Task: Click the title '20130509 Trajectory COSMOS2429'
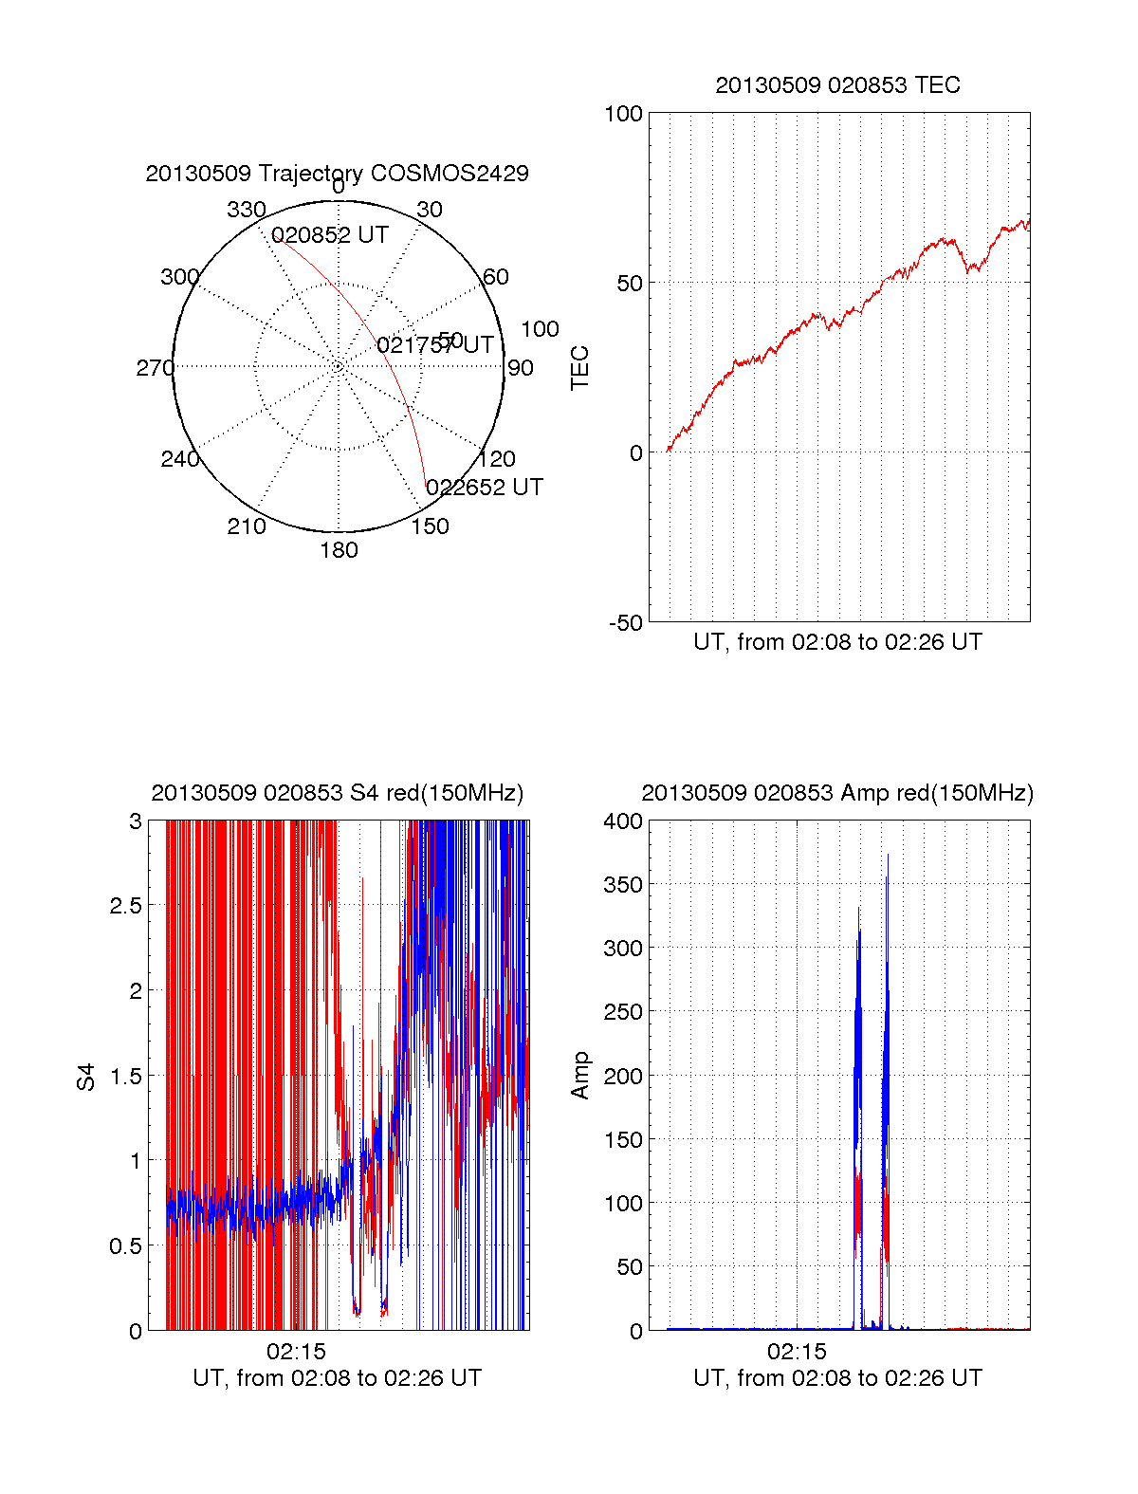tap(337, 174)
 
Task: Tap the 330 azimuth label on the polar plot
tap(246, 210)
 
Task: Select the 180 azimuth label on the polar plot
tap(339, 550)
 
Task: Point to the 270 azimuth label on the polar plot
tap(155, 368)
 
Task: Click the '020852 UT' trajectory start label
tap(330, 235)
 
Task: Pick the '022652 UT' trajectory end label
tap(485, 488)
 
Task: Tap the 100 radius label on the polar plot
tap(540, 329)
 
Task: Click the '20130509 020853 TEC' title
tap(837, 85)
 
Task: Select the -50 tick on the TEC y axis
tap(625, 623)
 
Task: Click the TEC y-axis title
tap(579, 367)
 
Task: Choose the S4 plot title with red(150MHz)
tap(337, 793)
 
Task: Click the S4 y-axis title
tap(86, 1077)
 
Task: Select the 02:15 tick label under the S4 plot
tap(296, 1351)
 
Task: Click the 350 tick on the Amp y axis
tap(623, 885)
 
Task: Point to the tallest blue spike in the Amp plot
tap(888, 857)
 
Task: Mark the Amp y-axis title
tap(579, 1076)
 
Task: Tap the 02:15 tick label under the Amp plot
tap(797, 1351)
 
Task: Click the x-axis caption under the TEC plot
tap(837, 642)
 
